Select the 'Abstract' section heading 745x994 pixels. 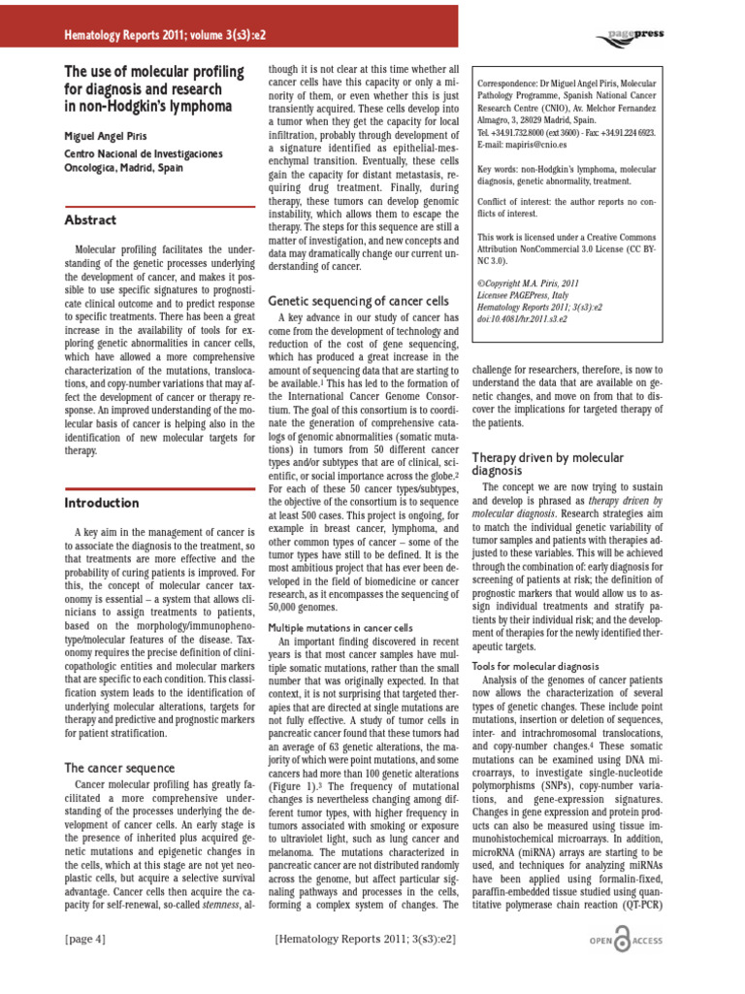pos(90,220)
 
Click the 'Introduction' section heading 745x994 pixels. pos(102,503)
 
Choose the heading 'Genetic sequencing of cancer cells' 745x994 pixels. pos(358,301)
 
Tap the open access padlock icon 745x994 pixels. pos(629,942)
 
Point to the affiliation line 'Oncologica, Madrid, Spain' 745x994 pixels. pos(123,167)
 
